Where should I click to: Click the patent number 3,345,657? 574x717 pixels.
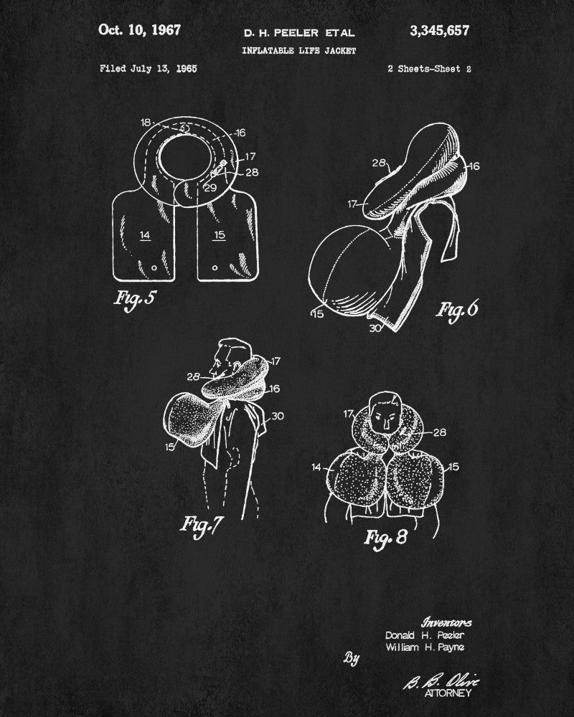439,31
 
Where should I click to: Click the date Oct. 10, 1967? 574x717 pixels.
140,30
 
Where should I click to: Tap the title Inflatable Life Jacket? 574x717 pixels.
299,51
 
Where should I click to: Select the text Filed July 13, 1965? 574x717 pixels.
149,69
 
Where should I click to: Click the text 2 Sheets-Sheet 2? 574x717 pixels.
429,69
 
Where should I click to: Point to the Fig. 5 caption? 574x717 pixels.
135,298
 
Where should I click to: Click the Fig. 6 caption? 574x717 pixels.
457,310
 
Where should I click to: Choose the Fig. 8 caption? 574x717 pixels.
385,537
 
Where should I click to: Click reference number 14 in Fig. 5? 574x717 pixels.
145,235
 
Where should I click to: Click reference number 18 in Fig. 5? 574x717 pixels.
146,123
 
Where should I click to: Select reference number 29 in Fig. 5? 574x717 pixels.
210,188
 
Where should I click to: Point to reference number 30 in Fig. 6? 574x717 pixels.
375,328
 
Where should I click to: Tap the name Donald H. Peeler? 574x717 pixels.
424,635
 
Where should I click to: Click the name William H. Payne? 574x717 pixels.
425,647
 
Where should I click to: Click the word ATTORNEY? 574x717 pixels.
448,693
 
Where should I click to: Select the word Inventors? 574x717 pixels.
446,622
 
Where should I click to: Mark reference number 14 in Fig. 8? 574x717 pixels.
316,467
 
